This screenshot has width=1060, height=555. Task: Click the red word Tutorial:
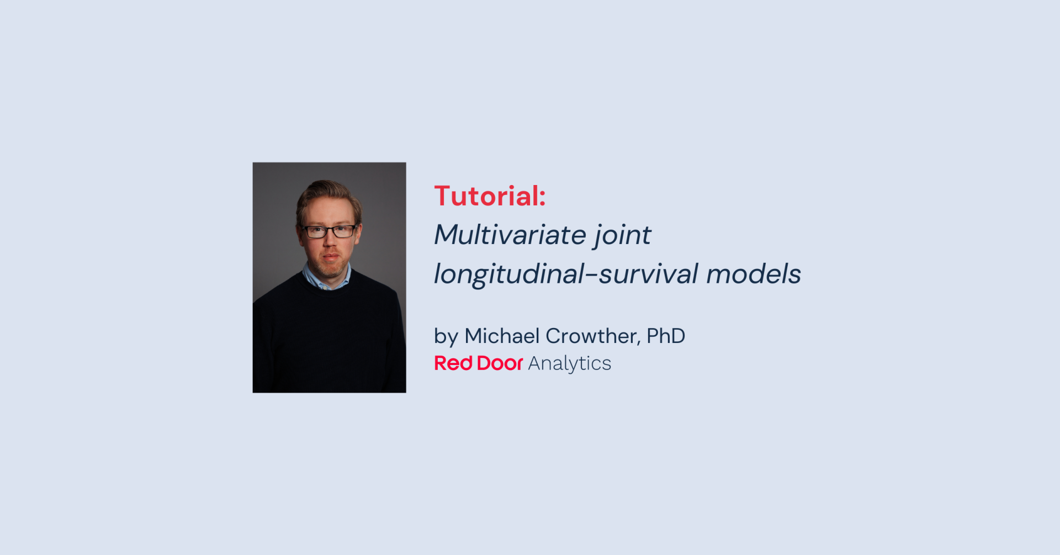[x=489, y=196]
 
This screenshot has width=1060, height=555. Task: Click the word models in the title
[x=753, y=274]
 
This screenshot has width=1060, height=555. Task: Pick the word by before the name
[x=446, y=336]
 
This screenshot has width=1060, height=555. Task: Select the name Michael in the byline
[x=502, y=336]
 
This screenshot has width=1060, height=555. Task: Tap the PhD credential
[x=666, y=336]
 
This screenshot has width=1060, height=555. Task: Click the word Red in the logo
[x=453, y=363]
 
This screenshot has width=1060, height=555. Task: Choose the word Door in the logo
[x=499, y=363]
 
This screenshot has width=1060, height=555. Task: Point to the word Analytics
[x=569, y=364]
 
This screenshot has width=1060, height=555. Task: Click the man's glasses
[x=330, y=231]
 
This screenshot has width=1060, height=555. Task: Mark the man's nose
[x=330, y=241]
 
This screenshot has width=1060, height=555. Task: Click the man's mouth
[x=331, y=256]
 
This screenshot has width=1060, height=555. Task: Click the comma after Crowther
[x=639, y=343]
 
